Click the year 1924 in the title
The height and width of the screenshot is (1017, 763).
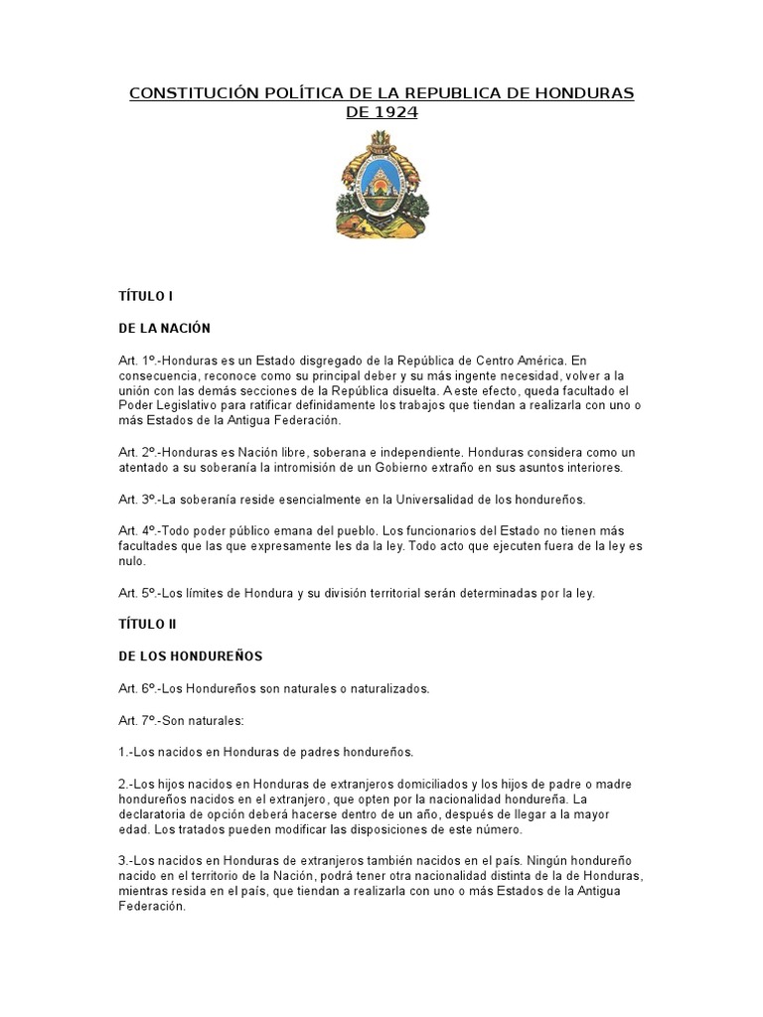tap(396, 112)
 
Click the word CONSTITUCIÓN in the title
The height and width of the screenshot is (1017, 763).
tap(189, 93)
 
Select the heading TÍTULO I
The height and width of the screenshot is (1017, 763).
tap(147, 296)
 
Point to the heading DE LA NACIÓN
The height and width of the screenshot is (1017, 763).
tap(164, 328)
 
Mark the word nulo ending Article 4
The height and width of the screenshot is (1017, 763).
tap(132, 561)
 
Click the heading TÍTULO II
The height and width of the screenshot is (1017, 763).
tap(149, 624)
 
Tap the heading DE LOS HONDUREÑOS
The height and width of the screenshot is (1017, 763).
tap(191, 655)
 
